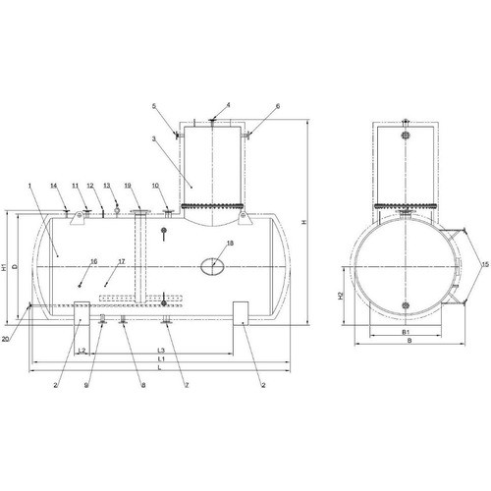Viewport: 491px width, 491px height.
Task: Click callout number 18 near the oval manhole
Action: coord(230,243)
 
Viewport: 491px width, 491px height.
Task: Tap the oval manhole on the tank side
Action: coord(212,267)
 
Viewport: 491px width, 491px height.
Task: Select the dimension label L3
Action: coord(161,350)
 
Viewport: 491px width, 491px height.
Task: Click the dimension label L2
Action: coord(82,351)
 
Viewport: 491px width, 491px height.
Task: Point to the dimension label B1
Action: coord(406,332)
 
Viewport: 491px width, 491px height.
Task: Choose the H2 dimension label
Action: coord(341,296)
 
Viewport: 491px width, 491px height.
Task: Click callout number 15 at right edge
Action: coord(485,264)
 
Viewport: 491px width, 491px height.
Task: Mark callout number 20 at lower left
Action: coord(5,339)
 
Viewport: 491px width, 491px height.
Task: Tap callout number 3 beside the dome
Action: coord(153,138)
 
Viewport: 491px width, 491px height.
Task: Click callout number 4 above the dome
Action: coord(229,105)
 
